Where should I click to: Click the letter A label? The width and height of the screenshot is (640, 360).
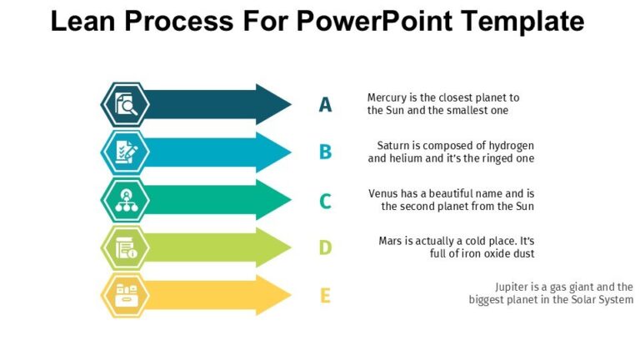[325, 105]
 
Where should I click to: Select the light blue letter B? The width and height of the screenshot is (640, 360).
[325, 152]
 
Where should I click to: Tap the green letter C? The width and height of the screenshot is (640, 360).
[325, 201]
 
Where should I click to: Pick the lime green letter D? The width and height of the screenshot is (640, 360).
[325, 247]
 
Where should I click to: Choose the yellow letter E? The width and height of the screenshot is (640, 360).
[325, 296]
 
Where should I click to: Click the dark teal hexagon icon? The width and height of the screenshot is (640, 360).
[125, 105]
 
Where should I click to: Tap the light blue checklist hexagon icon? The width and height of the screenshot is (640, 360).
[125, 152]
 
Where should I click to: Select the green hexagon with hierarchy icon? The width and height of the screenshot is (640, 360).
[125, 200]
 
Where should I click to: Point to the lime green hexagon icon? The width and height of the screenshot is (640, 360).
[125, 247]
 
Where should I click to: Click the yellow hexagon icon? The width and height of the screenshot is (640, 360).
[125, 295]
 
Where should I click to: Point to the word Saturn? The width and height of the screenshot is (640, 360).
[394, 146]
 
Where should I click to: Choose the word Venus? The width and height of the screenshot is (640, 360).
[385, 193]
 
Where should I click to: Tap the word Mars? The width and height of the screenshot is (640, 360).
[391, 241]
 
